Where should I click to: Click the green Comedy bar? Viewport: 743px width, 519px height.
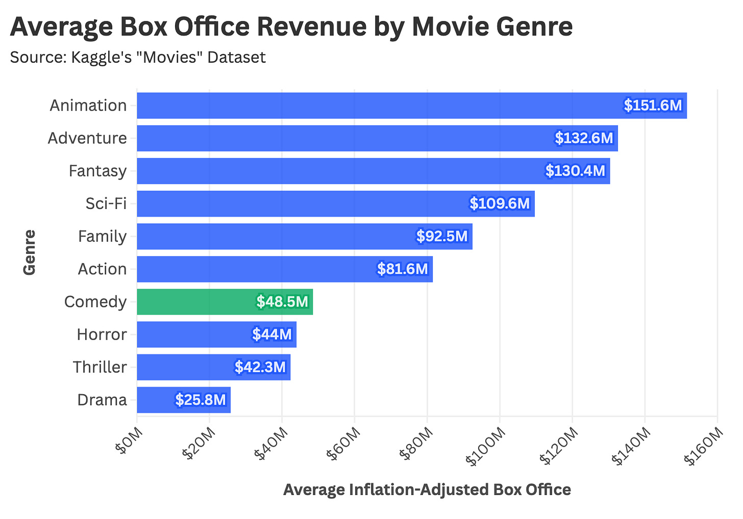pyautogui.click(x=225, y=302)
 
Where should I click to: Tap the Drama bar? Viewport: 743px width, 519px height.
pyautogui.click(x=184, y=400)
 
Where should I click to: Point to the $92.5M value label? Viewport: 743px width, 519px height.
pyautogui.click(x=442, y=236)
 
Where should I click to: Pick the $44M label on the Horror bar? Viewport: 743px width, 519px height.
pyautogui.click(x=272, y=334)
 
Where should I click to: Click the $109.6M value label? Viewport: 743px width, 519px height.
pyautogui.click(x=500, y=203)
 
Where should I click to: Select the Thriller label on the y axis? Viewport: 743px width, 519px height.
pyautogui.click(x=100, y=367)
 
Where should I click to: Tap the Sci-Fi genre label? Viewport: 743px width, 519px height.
pyautogui.click(x=106, y=203)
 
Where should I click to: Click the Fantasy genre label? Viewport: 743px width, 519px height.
pyautogui.click(x=97, y=171)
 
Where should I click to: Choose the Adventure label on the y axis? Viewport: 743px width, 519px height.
pyautogui.click(x=87, y=138)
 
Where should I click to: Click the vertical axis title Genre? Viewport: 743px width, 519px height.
pyautogui.click(x=30, y=252)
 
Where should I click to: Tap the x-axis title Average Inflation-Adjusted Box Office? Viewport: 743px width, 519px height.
pyautogui.click(x=427, y=490)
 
